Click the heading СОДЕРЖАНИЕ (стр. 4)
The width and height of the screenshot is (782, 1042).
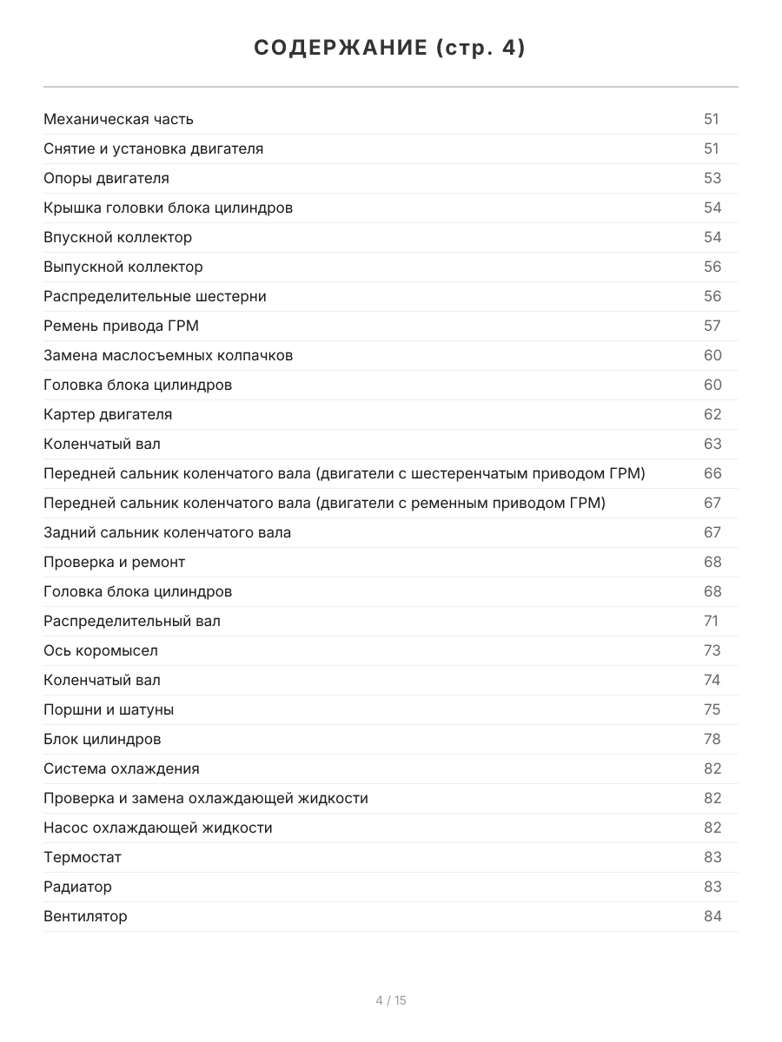click(x=390, y=49)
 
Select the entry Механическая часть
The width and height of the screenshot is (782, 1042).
click(x=118, y=119)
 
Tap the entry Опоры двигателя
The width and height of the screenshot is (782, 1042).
click(x=106, y=178)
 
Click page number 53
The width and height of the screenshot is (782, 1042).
click(x=712, y=178)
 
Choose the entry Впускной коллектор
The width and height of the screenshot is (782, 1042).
click(x=117, y=237)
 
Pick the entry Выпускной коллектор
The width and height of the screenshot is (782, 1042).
click(x=123, y=267)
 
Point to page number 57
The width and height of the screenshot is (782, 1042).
click(x=712, y=326)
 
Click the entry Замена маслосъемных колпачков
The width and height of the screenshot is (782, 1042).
click(x=168, y=355)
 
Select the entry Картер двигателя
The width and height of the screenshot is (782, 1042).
click(x=108, y=414)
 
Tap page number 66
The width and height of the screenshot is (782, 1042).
click(x=712, y=473)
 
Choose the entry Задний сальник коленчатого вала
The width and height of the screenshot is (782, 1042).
click(x=167, y=532)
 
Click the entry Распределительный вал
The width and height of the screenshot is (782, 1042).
click(x=131, y=621)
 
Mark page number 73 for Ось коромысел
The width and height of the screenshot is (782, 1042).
click(x=712, y=650)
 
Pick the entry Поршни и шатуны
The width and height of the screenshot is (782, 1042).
click(x=109, y=709)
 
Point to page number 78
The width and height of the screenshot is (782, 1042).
click(x=712, y=739)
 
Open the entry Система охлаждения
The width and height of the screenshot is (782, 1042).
click(x=121, y=768)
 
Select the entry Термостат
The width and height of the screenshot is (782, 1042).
click(x=83, y=857)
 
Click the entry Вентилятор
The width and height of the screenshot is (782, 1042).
click(x=85, y=916)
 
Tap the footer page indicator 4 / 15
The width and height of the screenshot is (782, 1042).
click(x=391, y=1000)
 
